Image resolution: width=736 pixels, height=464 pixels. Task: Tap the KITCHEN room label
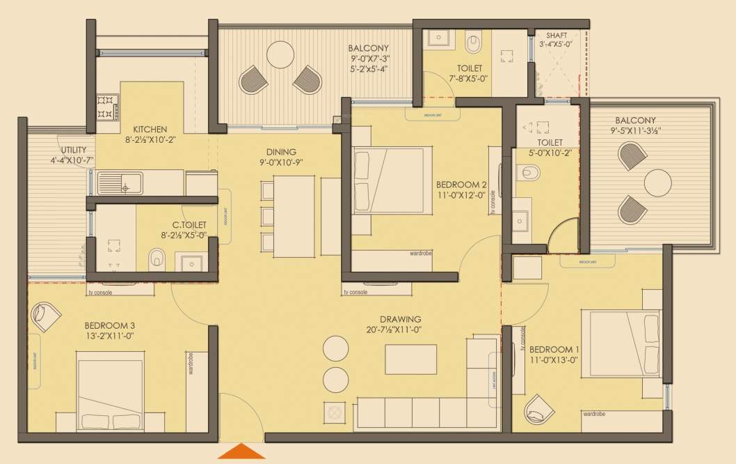(150, 129)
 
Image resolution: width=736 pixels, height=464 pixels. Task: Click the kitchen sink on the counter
(119, 184)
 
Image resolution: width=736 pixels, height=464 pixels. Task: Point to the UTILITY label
(73, 150)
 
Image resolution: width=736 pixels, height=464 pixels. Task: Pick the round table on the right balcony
(658, 183)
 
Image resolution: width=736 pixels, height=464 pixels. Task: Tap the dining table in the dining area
(294, 214)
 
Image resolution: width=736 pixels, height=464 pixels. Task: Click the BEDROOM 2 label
(461, 185)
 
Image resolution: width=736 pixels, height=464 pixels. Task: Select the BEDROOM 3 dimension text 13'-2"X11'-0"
(109, 336)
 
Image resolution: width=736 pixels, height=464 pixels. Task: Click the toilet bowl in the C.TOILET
(157, 261)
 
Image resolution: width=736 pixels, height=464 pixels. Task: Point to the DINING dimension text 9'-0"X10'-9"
(281, 162)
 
